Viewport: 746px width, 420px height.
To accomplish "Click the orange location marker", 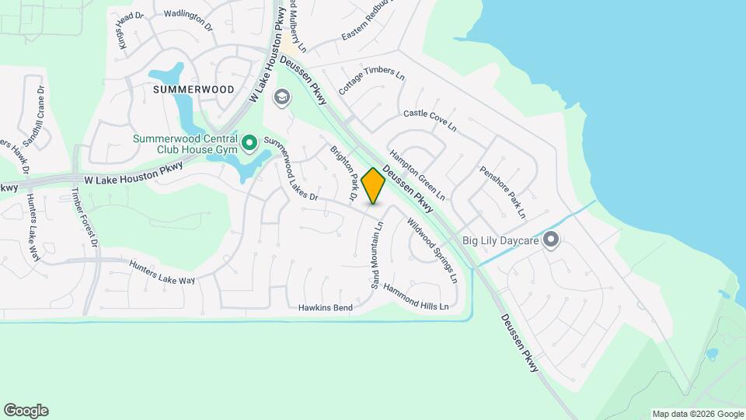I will (374, 186).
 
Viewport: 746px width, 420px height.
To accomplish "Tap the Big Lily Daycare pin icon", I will (551, 240).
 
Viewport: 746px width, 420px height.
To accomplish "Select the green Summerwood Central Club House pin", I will (249, 142).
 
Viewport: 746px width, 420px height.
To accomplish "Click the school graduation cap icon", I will (281, 97).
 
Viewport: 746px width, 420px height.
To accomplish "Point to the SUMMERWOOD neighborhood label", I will (193, 89).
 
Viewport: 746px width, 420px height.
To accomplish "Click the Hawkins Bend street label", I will (326, 308).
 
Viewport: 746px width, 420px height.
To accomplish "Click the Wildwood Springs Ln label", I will (431, 248).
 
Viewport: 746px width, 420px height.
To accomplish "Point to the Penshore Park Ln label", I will (503, 191).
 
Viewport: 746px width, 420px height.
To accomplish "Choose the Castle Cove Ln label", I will (430, 119).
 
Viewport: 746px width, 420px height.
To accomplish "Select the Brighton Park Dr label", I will (343, 174).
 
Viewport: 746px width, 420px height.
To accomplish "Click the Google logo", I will (26, 411).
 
